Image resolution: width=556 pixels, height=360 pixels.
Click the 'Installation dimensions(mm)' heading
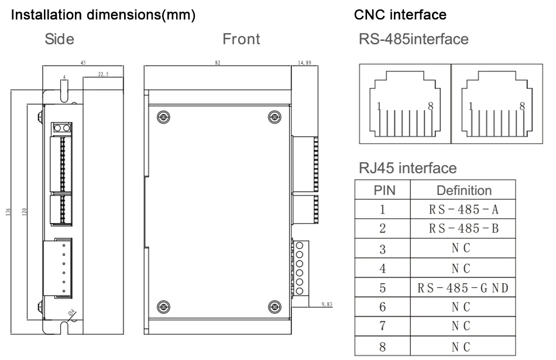pyautogui.click(x=103, y=15)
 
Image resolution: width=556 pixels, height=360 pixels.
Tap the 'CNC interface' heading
pyautogui.click(x=400, y=15)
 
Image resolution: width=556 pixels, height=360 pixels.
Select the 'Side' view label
pyautogui.click(x=59, y=39)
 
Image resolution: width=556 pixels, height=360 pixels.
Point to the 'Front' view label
pyautogui.click(x=241, y=39)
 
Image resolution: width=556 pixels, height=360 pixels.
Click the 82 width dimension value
pyautogui.click(x=217, y=63)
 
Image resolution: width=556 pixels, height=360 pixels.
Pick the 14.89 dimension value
pyautogui.click(x=304, y=63)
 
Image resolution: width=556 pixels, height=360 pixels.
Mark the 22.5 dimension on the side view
pyautogui.click(x=103, y=74)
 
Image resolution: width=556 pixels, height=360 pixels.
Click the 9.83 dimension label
pyautogui.click(x=327, y=304)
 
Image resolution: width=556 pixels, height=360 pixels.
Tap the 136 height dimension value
pyautogui.click(x=9, y=212)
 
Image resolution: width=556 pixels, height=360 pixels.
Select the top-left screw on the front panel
pyautogui.click(x=163, y=116)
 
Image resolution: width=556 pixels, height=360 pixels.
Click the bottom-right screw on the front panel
pyautogui.click(x=274, y=307)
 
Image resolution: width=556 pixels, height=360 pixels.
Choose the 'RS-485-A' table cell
pyautogui.click(x=463, y=209)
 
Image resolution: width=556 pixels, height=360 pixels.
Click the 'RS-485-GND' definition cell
pyautogui.click(x=463, y=287)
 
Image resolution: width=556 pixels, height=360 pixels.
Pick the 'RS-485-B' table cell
pyautogui.click(x=463, y=228)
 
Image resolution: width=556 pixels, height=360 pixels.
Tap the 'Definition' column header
pyautogui.click(x=464, y=190)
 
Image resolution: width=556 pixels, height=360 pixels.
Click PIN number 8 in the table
pyautogui.click(x=382, y=347)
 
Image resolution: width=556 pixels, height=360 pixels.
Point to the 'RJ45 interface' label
pyautogui.click(x=408, y=168)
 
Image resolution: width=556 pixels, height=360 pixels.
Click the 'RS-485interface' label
pyautogui.click(x=413, y=39)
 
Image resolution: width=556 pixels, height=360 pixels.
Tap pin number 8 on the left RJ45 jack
pyautogui.click(x=431, y=106)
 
